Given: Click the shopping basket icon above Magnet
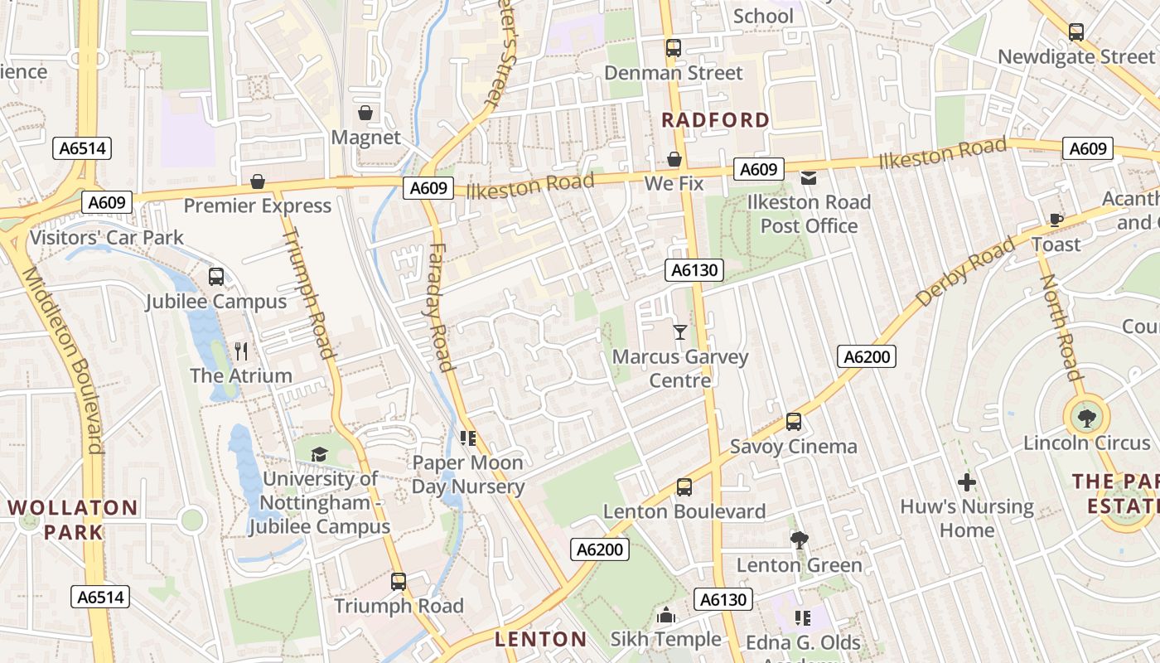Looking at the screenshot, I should click(x=365, y=112).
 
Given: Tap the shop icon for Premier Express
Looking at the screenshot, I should click(x=258, y=181).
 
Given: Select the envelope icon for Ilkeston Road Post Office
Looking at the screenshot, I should click(x=808, y=177).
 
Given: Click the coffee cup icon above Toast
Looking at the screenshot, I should click(x=1056, y=220).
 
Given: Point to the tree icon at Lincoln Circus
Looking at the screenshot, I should click(x=1086, y=418).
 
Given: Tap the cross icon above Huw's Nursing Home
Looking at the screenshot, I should click(x=967, y=482).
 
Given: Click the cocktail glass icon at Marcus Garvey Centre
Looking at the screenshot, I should click(x=680, y=332).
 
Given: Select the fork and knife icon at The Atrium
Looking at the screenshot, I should click(x=241, y=351).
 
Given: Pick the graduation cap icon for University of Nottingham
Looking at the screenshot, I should click(x=319, y=453).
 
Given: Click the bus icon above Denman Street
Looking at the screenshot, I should click(x=674, y=48).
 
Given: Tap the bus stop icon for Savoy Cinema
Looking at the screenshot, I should click(x=794, y=422).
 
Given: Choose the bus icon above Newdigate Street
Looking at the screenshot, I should click(x=1076, y=32).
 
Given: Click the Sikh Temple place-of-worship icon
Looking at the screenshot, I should click(x=666, y=615).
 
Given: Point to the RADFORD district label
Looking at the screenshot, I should click(x=716, y=120).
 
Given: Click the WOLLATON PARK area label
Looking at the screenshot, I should click(x=73, y=519).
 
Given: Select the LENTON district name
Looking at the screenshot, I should click(x=541, y=639).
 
